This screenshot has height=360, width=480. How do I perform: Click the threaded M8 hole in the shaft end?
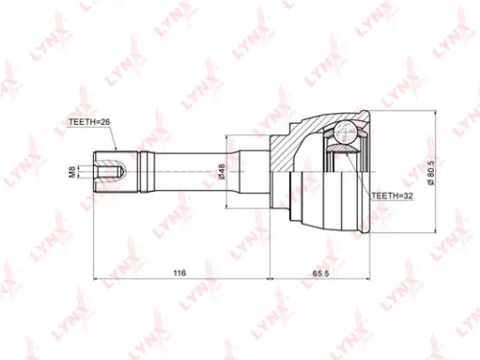[x=106, y=173]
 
